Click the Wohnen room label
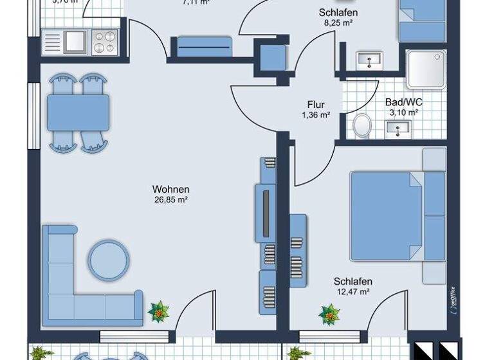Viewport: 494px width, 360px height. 170,189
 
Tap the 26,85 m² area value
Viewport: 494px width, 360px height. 170,199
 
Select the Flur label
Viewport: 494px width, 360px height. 316,105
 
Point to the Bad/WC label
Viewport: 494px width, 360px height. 403,102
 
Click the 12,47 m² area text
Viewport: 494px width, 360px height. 352,292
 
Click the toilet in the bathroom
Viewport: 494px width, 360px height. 362,125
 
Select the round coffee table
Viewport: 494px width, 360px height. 109,260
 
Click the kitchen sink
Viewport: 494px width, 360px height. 74,41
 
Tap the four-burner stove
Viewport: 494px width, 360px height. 105,42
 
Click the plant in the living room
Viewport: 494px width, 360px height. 158,312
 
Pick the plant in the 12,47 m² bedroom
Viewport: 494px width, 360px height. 330,314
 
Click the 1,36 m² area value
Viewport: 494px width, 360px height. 316,115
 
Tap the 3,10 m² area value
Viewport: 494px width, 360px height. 403,112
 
